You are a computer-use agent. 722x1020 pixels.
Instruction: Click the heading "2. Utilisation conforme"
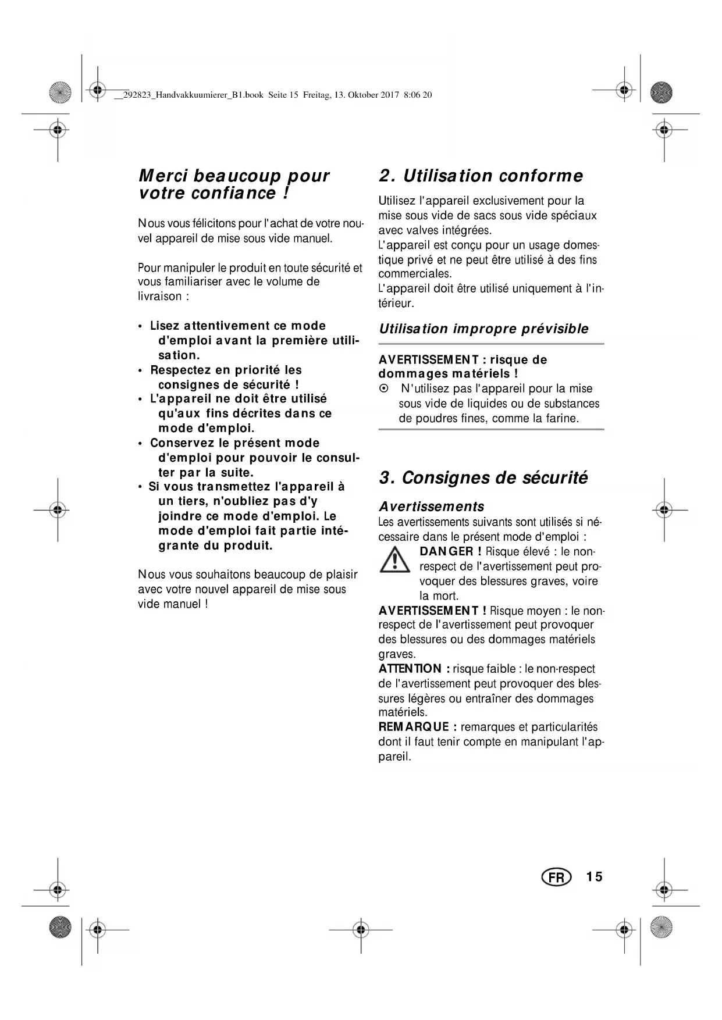pos(481,176)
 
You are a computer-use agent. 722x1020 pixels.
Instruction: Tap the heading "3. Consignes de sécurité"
pos(483,477)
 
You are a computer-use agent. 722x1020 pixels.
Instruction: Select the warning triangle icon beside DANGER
pos(395,560)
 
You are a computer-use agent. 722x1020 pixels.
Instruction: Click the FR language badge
pos(556,877)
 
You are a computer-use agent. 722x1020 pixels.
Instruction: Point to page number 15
pos(595,876)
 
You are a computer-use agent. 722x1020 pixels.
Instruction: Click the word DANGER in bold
pos(446,551)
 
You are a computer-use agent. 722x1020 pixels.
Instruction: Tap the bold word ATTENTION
pos(410,669)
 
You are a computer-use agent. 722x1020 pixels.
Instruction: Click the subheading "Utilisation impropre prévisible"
pos(483,329)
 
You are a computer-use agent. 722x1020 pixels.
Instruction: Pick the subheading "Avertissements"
pos(431,506)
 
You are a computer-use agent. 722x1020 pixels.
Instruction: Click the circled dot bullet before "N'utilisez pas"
pos(383,388)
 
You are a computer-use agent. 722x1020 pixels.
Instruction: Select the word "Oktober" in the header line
pos(364,95)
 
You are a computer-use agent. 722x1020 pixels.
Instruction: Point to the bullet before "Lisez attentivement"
pos(140,327)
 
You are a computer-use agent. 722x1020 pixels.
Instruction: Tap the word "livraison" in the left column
pos(159,296)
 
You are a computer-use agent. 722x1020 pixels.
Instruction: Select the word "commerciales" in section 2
pos(414,274)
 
